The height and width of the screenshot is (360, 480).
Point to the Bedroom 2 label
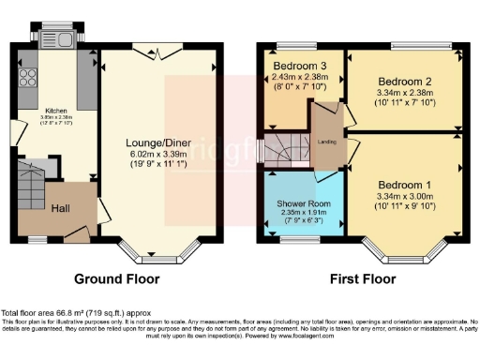[x=403, y=81]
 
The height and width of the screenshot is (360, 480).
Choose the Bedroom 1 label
[x=404, y=184]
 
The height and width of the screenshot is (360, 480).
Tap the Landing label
[x=327, y=142]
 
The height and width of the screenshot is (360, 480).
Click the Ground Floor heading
[x=116, y=278]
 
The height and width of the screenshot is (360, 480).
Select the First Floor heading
[x=360, y=278]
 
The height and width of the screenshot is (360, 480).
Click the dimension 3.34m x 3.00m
[x=404, y=196]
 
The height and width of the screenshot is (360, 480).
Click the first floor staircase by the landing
[x=279, y=149]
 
